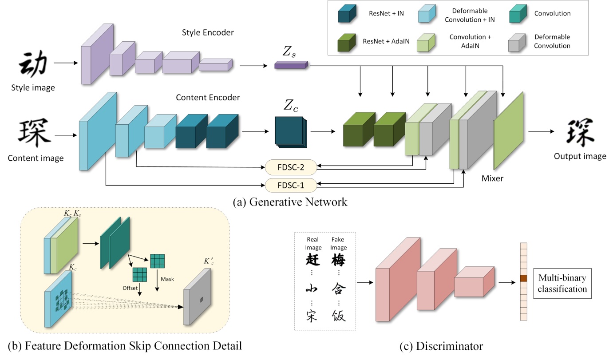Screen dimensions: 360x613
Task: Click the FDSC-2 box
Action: (291, 167)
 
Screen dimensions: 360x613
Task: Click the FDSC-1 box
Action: (291, 184)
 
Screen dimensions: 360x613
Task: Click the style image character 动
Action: (32, 64)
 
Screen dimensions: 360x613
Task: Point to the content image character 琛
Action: (34, 134)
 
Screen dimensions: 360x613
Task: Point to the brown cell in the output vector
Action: (523, 278)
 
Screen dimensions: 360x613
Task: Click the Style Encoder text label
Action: (208, 32)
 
